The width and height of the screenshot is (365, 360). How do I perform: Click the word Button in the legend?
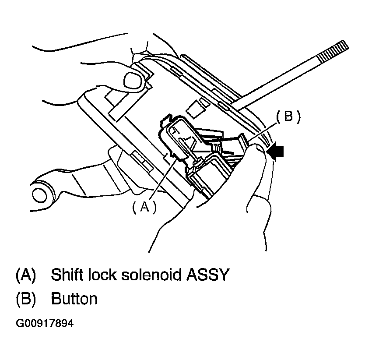coord(74,299)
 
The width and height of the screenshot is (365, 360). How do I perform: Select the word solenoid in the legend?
coord(151,275)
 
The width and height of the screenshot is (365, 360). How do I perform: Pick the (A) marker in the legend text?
coord(25,275)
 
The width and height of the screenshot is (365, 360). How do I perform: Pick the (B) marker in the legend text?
coord(25,299)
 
